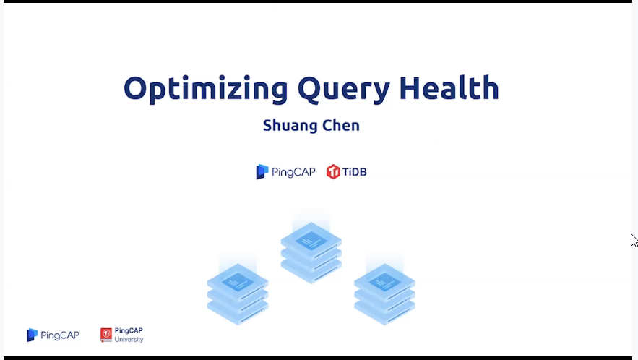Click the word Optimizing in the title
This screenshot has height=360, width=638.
click(205, 89)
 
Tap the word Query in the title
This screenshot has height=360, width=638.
click(344, 89)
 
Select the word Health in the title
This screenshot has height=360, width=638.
click(449, 87)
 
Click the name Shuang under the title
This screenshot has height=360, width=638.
click(289, 126)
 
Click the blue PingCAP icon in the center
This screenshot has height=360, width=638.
click(262, 172)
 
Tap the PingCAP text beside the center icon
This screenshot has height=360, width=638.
click(293, 172)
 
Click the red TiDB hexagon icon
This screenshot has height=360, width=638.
click(333, 172)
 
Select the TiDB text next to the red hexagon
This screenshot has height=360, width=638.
click(354, 172)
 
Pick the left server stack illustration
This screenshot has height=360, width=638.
click(238, 294)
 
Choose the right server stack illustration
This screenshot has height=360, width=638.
click(384, 294)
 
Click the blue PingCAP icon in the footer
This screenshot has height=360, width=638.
click(32, 335)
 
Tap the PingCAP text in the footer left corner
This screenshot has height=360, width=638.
click(60, 335)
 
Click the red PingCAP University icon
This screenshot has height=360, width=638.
click(106, 335)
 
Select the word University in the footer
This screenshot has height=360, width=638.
click(129, 340)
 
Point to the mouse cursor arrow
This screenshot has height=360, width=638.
click(634, 240)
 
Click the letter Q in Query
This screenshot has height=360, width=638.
click(311, 88)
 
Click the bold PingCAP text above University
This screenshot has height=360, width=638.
click(129, 330)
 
